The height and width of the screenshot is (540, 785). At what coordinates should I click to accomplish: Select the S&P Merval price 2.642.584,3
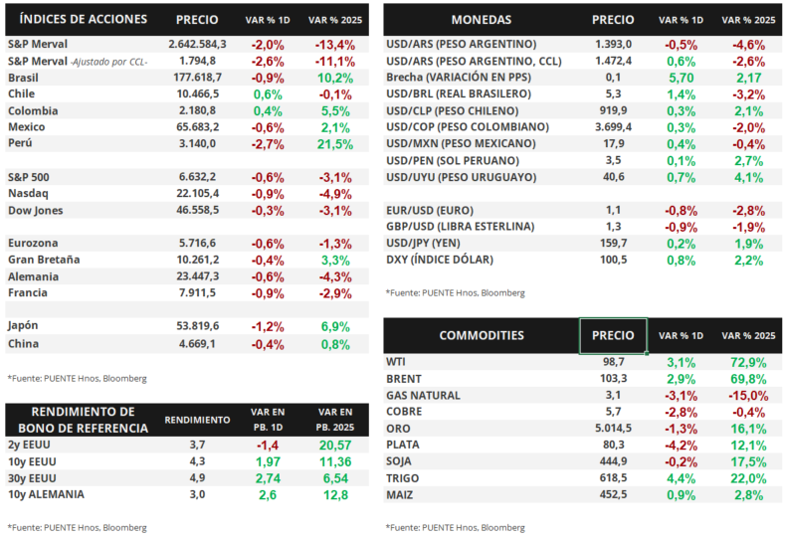click(x=197, y=45)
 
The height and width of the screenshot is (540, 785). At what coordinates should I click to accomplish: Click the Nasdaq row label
click(x=29, y=193)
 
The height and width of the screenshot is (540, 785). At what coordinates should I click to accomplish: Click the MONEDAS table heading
click(x=481, y=19)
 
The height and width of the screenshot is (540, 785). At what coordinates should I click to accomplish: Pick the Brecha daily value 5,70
click(x=682, y=78)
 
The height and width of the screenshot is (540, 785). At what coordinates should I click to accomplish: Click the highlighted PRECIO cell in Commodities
click(x=613, y=335)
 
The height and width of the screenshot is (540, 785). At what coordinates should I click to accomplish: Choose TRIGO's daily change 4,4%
click(x=682, y=477)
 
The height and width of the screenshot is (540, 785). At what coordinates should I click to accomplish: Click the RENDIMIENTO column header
click(x=197, y=420)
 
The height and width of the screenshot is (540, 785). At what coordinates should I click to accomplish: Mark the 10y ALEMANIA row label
click(x=45, y=494)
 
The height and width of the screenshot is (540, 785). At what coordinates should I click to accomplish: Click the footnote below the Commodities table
click(x=455, y=526)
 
